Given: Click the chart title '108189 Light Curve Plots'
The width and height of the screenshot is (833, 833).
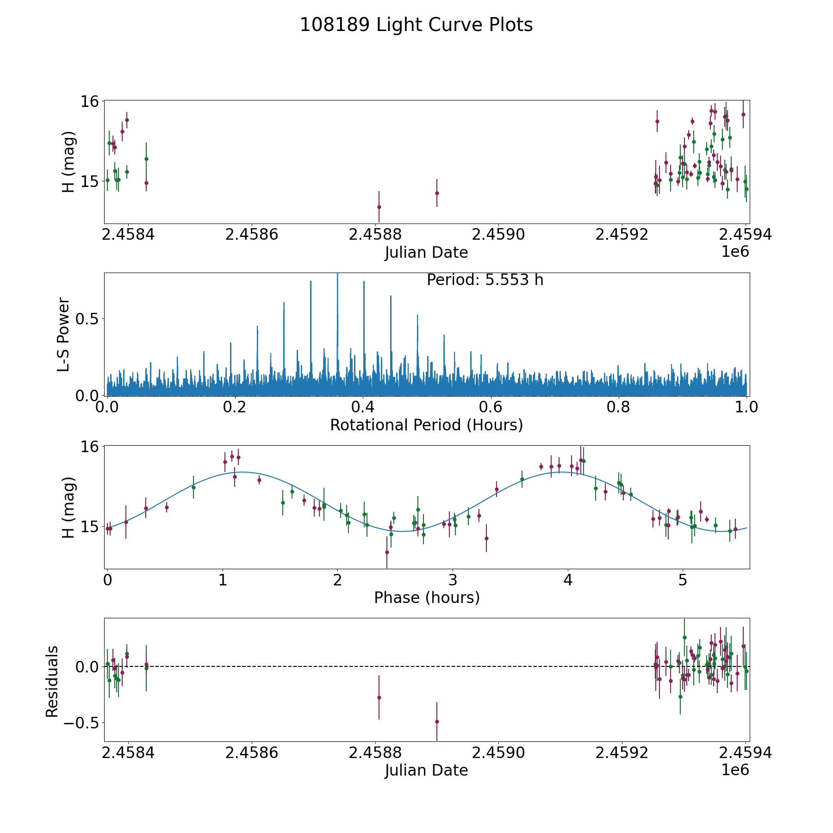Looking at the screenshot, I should [x=416, y=25].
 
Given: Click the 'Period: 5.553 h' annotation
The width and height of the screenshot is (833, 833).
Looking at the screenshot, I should [x=485, y=280].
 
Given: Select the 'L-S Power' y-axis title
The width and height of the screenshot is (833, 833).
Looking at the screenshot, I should [x=64, y=334].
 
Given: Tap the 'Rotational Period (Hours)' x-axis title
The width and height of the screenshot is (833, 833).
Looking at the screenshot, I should [x=426, y=425].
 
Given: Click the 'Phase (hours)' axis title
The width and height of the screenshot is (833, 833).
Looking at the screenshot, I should [x=426, y=597].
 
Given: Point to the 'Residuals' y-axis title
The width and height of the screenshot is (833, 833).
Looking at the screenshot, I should [x=52, y=681].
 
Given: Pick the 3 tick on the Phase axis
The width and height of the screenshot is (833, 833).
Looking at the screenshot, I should [x=453, y=580].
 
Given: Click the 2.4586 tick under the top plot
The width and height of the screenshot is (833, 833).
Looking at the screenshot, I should [x=252, y=235].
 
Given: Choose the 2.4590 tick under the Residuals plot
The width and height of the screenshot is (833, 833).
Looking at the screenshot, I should [x=498, y=753].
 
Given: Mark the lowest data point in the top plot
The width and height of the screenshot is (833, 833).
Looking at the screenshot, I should [x=379, y=207].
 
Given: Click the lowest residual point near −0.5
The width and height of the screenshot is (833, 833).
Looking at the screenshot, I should [x=436, y=721].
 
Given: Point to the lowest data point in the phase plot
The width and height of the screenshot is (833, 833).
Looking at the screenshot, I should [x=387, y=552].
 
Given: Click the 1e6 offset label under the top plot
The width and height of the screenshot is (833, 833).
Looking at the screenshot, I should [x=735, y=252].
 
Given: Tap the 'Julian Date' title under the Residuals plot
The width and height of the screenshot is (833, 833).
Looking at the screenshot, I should [x=426, y=770].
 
